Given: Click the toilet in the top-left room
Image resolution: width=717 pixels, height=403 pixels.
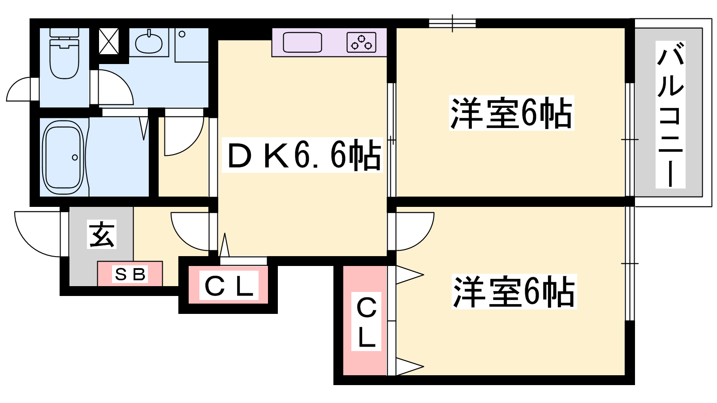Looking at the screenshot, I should [64, 56].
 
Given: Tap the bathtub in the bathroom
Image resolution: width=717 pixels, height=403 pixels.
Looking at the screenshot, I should [63, 157].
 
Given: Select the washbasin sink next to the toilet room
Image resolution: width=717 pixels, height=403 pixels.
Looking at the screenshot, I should [149, 43].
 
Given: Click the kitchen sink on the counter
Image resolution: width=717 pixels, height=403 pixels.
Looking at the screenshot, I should [302, 43].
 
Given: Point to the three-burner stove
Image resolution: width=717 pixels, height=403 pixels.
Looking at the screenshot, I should [361, 43].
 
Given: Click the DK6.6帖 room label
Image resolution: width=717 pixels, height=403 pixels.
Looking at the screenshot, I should [303, 155].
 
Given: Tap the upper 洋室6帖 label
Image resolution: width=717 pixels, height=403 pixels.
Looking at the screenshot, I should [511, 113].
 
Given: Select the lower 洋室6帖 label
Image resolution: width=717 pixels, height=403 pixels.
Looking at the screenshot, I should [514, 292].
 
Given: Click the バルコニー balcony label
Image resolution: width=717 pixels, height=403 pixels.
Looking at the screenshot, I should [670, 114].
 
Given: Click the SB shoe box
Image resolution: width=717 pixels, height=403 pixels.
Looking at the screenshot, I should [130, 274].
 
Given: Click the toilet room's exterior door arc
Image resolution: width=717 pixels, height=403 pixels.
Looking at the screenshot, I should [20, 90].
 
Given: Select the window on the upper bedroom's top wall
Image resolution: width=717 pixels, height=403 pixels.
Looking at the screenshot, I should [452, 23].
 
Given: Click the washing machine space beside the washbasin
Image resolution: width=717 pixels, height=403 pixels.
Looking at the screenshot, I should [191, 45].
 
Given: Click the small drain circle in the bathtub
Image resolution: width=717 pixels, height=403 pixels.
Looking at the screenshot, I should [75, 157].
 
